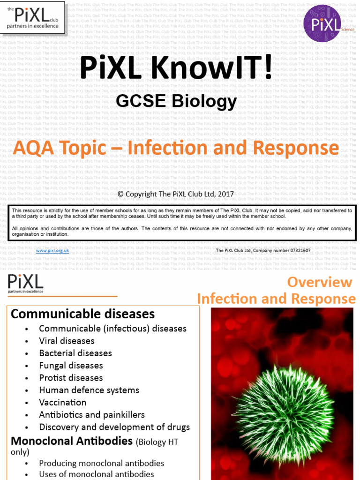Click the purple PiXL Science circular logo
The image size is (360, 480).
coord(327,23)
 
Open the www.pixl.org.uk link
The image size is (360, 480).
coord(52,251)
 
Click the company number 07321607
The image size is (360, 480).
coord(296,251)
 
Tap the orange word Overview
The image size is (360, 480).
coord(319,282)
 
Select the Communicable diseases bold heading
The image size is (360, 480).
coord(82,314)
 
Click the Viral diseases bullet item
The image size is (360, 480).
coord(67,341)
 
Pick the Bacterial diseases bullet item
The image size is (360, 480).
coord(75,353)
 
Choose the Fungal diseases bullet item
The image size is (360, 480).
coord(71,365)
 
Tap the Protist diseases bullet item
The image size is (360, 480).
coord(71,378)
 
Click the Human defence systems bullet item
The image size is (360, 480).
coord(89,390)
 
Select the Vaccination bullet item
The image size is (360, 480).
coord(63,402)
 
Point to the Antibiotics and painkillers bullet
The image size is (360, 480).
coord(92,415)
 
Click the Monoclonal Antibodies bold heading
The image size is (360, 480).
coord(72,441)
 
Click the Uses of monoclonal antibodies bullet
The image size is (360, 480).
coord(97,474)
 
